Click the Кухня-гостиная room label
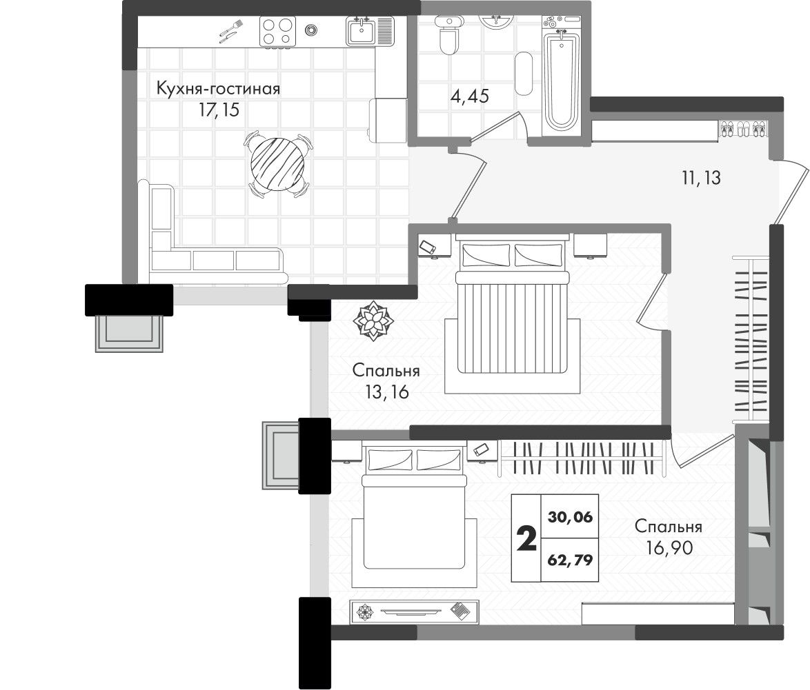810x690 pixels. point(218,89)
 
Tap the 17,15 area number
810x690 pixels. point(219,110)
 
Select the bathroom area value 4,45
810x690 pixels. point(470,96)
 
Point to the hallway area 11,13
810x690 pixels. point(701,178)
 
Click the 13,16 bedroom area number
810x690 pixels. point(386,392)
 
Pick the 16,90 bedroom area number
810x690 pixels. point(669,547)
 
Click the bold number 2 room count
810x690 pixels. point(526,539)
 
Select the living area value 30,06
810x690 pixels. point(571,516)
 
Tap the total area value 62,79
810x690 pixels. point(571,560)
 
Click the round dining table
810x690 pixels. point(277,163)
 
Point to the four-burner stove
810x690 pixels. point(277,32)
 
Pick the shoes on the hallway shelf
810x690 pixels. point(743,129)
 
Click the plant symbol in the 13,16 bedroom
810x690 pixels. point(372,321)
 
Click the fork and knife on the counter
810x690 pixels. point(230,32)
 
